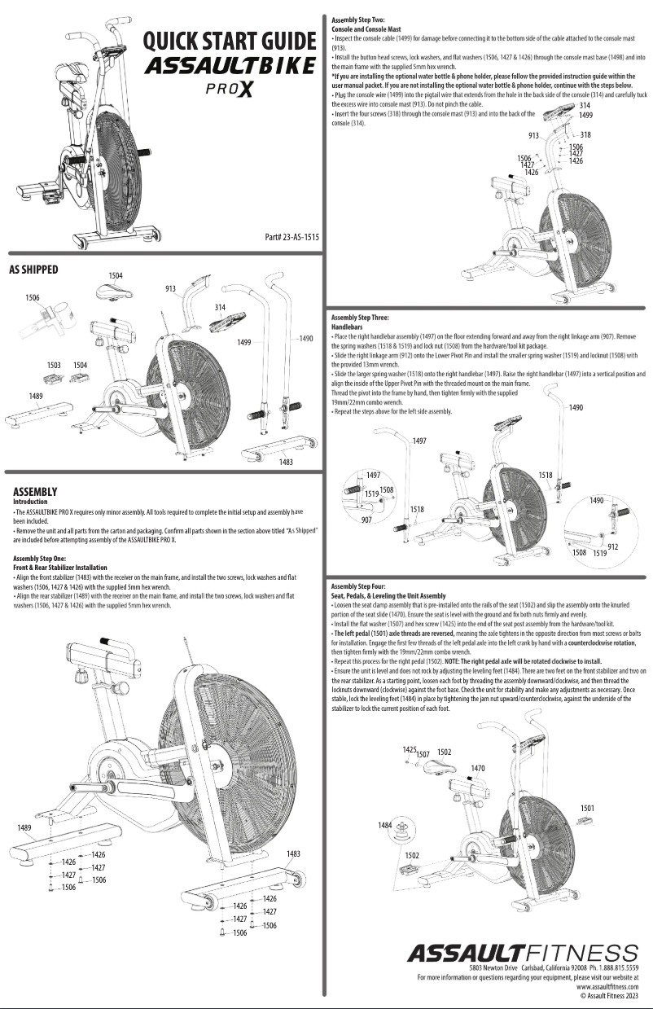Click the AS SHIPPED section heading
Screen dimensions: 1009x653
(33, 268)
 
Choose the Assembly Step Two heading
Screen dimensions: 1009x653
(358, 19)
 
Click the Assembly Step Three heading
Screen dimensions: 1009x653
(361, 316)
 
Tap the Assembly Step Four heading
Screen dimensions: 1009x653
(359, 586)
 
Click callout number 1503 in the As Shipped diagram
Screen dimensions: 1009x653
(54, 366)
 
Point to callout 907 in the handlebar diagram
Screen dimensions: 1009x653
(367, 520)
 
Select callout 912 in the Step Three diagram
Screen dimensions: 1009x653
(612, 546)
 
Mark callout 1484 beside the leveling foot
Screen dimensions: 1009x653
(385, 825)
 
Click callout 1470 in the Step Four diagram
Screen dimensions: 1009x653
(478, 768)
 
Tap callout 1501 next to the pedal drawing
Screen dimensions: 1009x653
(587, 808)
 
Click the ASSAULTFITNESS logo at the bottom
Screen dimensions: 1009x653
(523, 953)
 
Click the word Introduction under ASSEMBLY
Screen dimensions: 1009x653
(30, 502)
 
